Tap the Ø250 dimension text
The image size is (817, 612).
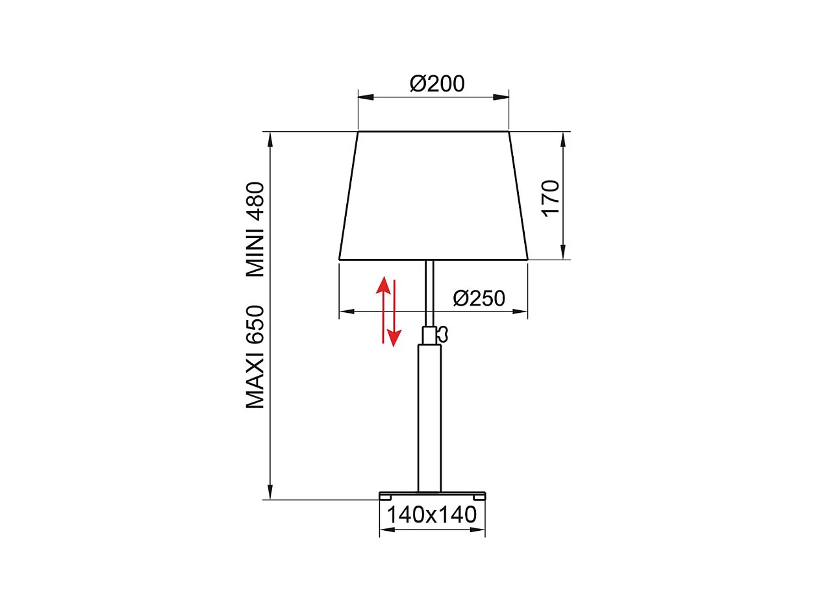pyautogui.click(x=479, y=298)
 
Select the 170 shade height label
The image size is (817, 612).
pyautogui.click(x=551, y=199)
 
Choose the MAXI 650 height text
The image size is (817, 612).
pyautogui.click(x=255, y=356)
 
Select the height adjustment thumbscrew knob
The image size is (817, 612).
pyautogui.click(x=444, y=334)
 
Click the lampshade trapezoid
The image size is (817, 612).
pyautogui.click(x=433, y=195)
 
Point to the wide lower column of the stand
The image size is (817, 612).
pyautogui.click(x=429, y=419)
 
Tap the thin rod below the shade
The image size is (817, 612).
pyautogui.click(x=429, y=292)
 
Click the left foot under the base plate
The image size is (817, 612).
pyautogui.click(x=385, y=497)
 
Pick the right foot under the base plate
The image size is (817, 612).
pyautogui.click(x=480, y=497)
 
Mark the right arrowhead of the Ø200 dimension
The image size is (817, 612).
pyautogui.click(x=501, y=97)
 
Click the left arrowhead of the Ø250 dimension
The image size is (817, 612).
pyautogui.click(x=347, y=312)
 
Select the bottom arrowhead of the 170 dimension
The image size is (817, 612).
pyautogui.click(x=563, y=252)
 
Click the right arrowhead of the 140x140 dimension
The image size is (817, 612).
pyautogui.click(x=479, y=530)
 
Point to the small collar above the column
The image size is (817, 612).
pyautogui.click(x=429, y=336)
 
